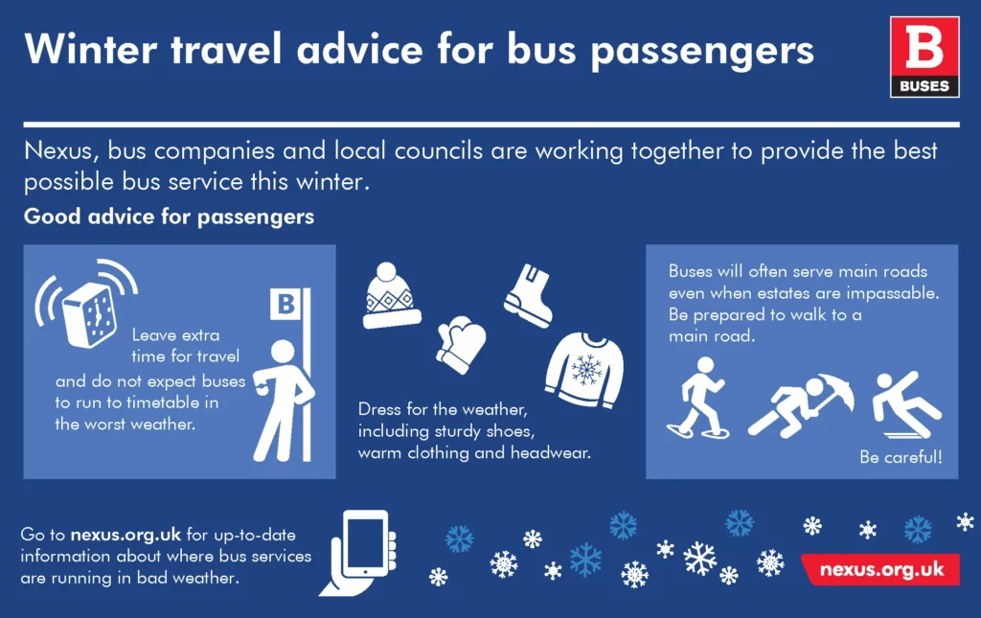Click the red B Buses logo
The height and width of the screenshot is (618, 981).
(924, 57)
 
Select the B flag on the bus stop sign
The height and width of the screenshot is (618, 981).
(284, 305)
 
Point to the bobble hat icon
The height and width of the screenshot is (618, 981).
(392, 295)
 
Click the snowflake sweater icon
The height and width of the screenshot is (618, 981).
(584, 369)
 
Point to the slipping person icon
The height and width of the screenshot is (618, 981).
(904, 402)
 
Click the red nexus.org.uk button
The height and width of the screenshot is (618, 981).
(881, 569)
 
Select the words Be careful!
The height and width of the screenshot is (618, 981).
(901, 457)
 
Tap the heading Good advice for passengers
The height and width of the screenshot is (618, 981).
(169, 217)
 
